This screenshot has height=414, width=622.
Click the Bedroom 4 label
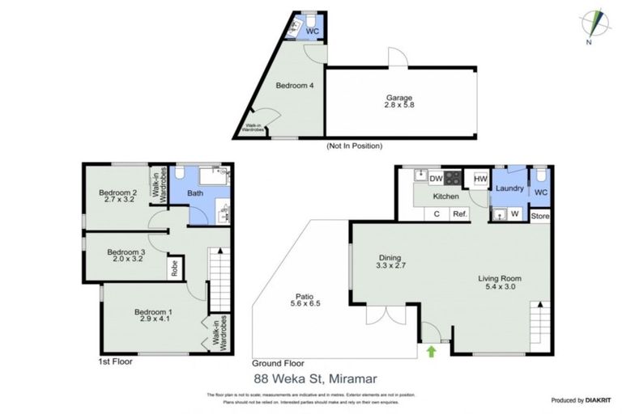[x=295, y=85]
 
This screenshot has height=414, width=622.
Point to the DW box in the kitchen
[x=435, y=179]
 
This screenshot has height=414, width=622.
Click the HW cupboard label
[x=479, y=179]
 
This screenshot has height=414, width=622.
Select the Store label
[x=540, y=216]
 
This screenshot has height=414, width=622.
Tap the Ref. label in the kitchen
[x=459, y=214]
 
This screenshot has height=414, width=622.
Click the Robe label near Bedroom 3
[x=173, y=268]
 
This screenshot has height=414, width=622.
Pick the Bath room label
[x=195, y=193]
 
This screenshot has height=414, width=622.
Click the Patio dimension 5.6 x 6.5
[x=305, y=303]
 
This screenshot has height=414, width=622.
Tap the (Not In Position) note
[x=354, y=146]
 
